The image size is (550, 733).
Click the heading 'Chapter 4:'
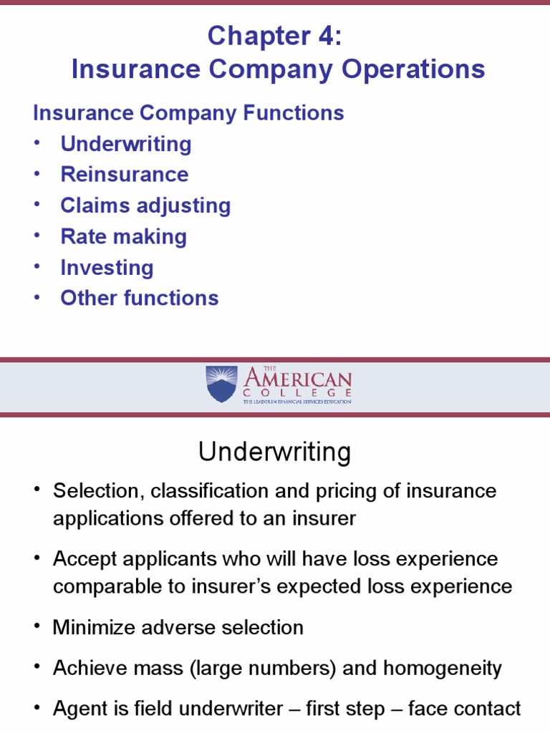275,37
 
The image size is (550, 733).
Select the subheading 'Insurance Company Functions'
189,113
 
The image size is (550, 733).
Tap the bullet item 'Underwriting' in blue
126,144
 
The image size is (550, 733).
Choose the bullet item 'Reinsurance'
125,175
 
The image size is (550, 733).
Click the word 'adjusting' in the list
185,206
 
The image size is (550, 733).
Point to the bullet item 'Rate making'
123,237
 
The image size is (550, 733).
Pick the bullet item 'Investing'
107,268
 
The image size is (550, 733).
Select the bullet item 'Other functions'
140,298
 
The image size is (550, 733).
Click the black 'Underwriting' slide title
275,452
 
